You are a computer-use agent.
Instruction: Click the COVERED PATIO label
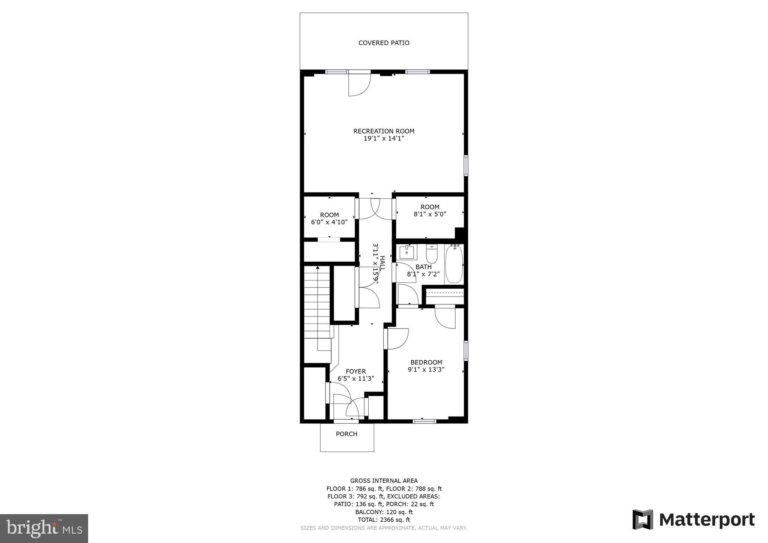[x=384, y=43]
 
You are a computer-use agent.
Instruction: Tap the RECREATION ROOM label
[x=384, y=131]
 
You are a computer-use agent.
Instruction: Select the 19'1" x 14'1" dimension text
[x=384, y=138]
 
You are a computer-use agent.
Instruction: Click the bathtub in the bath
[x=454, y=264]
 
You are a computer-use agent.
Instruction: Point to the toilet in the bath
[x=432, y=254]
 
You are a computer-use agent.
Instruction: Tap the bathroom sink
[x=406, y=252]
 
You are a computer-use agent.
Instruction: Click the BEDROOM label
[x=426, y=362]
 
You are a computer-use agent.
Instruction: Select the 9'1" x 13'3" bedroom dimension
[x=426, y=369]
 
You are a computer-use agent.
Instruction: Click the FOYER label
[x=355, y=371]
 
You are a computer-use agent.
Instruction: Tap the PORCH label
[x=346, y=434]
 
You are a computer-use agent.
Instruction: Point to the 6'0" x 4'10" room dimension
[x=329, y=222]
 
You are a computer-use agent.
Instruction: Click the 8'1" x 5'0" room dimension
[x=430, y=214]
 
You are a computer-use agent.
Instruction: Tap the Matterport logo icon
[x=643, y=519]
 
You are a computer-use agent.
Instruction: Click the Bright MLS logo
[x=44, y=528]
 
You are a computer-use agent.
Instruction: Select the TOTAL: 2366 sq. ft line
[x=384, y=520]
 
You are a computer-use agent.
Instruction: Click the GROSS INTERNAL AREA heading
[x=384, y=481]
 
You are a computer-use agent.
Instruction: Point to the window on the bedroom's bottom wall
[x=424, y=421]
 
